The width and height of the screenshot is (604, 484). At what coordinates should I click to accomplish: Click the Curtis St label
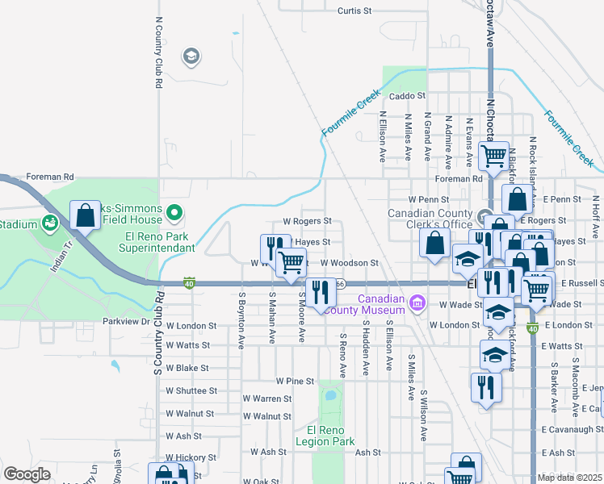pyautogui.click(x=354, y=11)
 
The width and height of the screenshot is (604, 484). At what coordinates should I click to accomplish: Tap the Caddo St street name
pyautogui.click(x=407, y=96)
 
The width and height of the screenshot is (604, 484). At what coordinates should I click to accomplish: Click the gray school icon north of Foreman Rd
pyautogui.click(x=191, y=56)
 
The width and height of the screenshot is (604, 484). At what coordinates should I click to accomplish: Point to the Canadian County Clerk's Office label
pyautogui.click(x=430, y=219)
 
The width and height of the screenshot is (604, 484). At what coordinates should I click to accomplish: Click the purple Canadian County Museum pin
pyautogui.click(x=417, y=303)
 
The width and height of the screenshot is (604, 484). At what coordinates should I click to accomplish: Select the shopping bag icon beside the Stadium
pyautogui.click(x=85, y=216)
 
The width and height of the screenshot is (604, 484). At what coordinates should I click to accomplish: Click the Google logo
pyautogui.click(x=27, y=474)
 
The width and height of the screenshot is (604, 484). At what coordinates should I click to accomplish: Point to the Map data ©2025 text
pyautogui.click(x=568, y=478)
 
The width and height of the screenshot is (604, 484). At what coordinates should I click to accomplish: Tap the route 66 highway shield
pyautogui.click(x=341, y=283)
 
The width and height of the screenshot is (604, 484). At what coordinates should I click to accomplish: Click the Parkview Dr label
pyautogui.click(x=127, y=321)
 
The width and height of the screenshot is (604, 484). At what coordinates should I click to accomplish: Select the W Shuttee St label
pyautogui.click(x=191, y=390)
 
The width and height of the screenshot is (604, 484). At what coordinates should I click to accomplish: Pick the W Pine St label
pyautogui.click(x=294, y=381)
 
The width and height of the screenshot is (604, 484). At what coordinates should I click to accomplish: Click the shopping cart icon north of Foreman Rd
pyautogui.click(x=493, y=154)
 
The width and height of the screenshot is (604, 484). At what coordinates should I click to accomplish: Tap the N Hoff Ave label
pyautogui.click(x=596, y=212)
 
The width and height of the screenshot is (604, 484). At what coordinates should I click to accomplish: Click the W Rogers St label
pyautogui.click(x=307, y=221)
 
